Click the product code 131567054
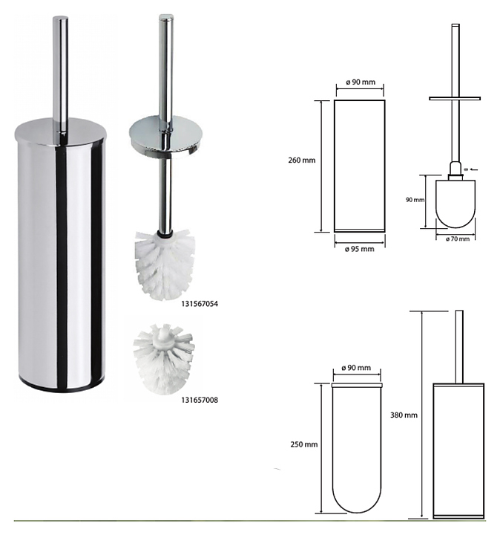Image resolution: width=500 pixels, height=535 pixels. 200,304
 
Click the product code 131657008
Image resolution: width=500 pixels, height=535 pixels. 200,400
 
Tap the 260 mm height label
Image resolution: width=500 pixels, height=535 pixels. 302,160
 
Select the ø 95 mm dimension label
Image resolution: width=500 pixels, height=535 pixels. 359,249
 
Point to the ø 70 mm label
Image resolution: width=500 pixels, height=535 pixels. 458,239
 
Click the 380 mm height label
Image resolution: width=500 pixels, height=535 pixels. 404,415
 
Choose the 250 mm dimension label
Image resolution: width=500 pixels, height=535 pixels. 304,444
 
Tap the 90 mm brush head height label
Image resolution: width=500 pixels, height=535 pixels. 415,200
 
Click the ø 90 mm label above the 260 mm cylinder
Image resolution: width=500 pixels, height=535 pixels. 360,82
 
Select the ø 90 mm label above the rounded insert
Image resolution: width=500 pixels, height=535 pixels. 356,368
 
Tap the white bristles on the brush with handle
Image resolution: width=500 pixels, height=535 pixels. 166,265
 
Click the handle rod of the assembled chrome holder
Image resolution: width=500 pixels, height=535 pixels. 60,74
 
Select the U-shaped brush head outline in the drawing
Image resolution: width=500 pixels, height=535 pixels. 455,204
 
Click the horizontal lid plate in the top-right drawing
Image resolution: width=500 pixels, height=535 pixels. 455,99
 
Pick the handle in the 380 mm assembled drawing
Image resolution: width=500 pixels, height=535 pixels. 459,347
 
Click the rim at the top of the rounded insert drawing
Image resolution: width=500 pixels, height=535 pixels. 357,385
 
